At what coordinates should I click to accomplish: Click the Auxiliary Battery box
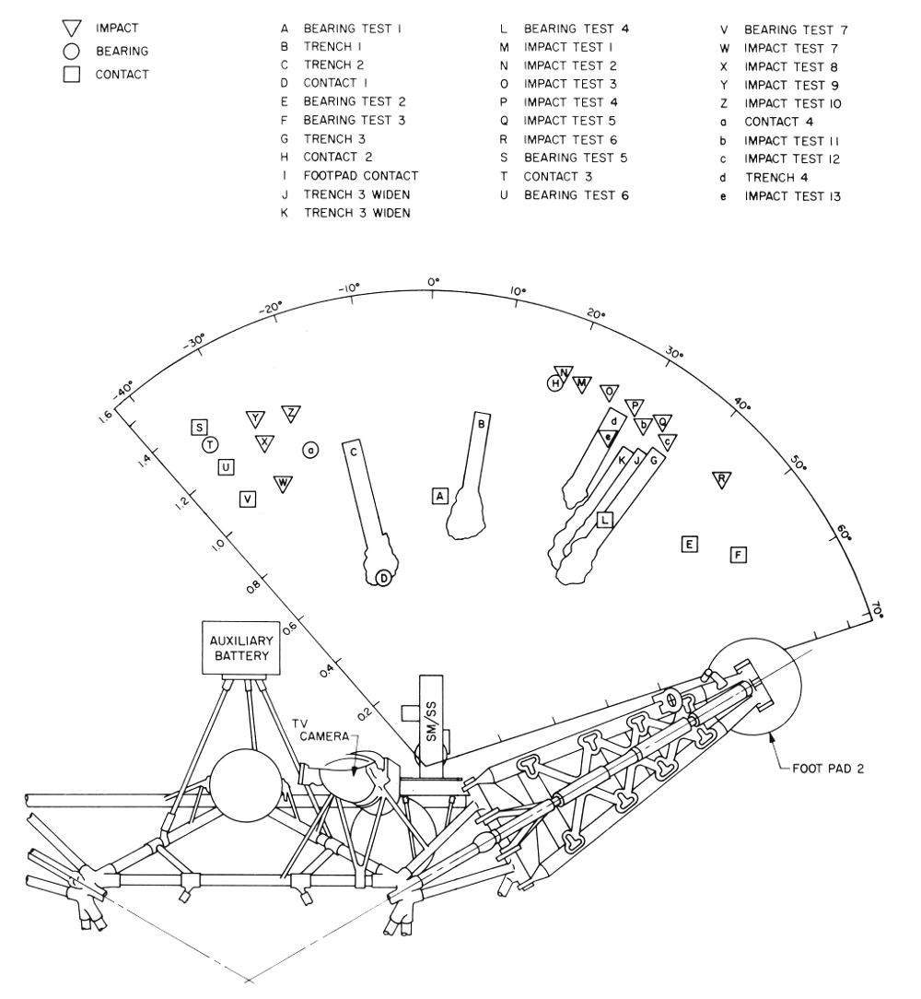coord(240,647)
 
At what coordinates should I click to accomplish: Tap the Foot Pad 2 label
coord(828,769)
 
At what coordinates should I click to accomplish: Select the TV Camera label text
coord(324,730)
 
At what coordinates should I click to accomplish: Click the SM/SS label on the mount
coord(431,723)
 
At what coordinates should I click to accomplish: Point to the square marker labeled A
coord(439,496)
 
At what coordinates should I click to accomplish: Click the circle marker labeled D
coord(383,578)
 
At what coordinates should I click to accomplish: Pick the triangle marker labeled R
coord(722,479)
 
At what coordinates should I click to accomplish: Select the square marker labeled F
coord(739,555)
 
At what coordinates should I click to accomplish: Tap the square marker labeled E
coord(689,544)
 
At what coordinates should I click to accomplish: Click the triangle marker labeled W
coord(283,483)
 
